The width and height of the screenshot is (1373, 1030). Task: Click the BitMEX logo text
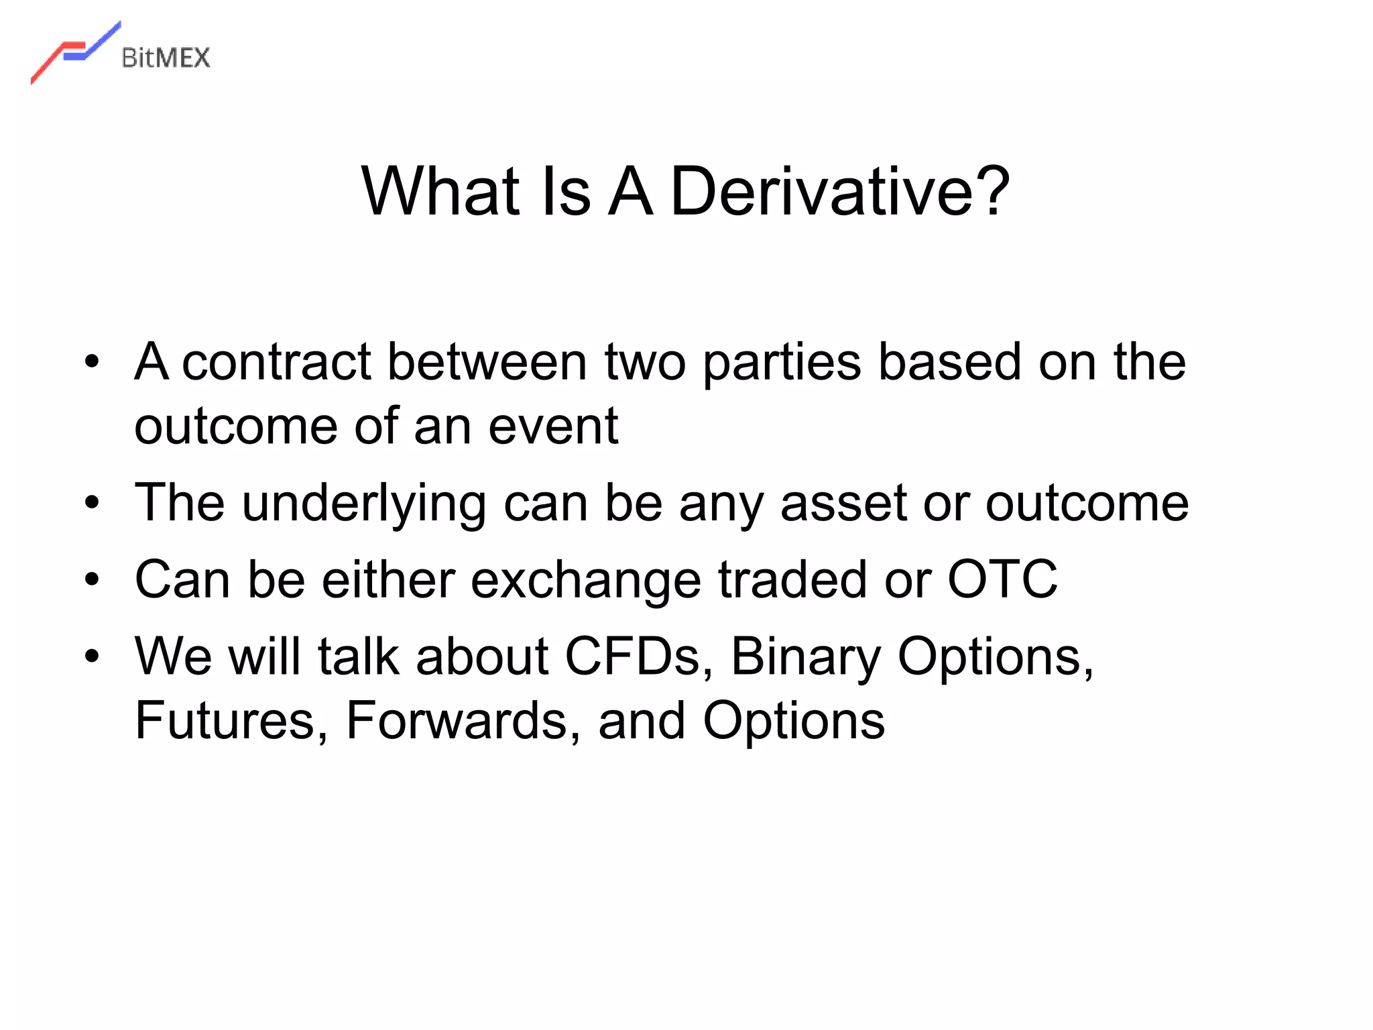point(166,58)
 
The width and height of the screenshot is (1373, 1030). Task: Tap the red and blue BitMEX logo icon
point(75,52)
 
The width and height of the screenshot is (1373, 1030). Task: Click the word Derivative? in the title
point(839,192)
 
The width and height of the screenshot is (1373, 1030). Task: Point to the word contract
point(276,363)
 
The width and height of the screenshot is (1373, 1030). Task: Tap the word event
point(552,427)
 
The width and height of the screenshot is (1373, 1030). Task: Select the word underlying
point(364,505)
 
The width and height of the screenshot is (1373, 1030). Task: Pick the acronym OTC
point(1002,579)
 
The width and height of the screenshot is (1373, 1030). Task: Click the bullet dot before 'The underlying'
point(92,503)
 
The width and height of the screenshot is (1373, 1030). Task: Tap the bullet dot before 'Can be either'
point(92,580)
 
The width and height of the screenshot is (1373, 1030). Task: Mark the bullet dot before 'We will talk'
point(92,656)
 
